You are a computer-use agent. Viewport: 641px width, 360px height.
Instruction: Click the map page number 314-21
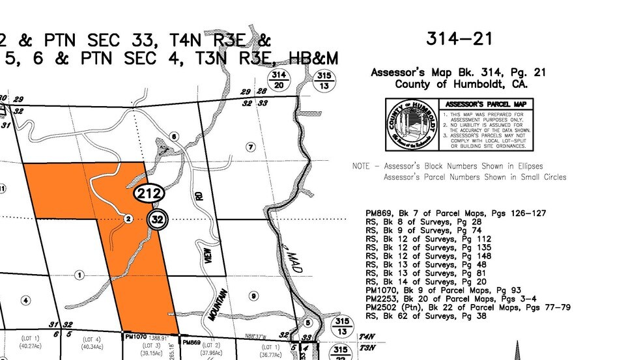459,38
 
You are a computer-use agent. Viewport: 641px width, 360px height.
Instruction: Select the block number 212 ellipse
149,193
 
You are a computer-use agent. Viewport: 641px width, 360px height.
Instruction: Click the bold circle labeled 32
157,219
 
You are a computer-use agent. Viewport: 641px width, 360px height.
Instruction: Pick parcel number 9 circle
252,296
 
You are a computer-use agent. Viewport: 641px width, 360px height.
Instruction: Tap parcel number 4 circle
25,300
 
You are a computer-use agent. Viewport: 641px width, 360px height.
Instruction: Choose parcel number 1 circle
79,275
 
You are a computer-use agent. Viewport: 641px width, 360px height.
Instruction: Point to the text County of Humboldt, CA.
461,85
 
